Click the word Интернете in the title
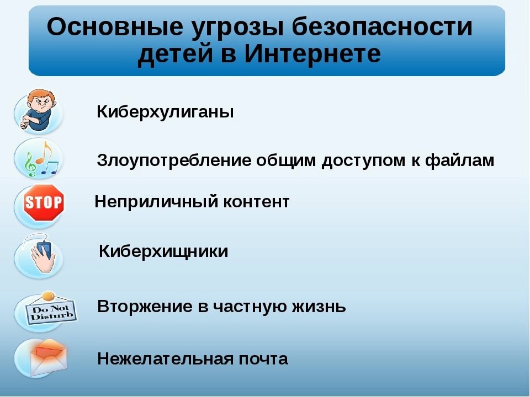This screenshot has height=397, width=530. (312, 53)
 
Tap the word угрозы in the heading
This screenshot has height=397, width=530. (237, 28)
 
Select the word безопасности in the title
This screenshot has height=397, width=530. (382, 26)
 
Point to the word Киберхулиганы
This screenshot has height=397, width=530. (165, 111)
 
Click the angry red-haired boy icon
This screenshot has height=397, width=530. (38, 110)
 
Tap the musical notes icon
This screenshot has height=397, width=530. (40, 159)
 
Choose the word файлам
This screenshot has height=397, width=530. (459, 160)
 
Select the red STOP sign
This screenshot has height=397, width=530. (44, 202)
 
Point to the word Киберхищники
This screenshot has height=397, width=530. (163, 252)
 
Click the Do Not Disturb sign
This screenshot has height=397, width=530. (51, 310)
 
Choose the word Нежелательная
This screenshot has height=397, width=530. (165, 359)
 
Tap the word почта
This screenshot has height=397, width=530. (263, 359)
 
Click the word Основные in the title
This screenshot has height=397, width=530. (115, 26)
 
